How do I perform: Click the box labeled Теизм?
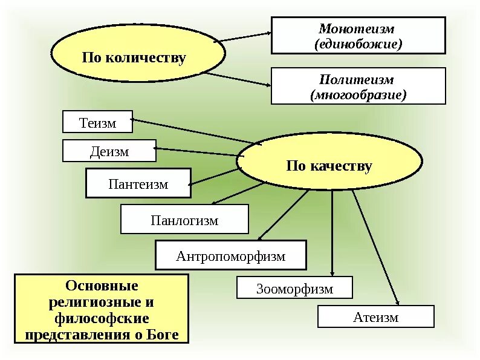click(x=97, y=122)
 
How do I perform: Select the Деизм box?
click(x=109, y=151)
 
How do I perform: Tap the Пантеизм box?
click(x=138, y=183)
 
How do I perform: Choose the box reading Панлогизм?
click(x=184, y=219)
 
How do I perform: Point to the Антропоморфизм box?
click(x=230, y=255)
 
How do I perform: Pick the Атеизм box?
click(x=375, y=316)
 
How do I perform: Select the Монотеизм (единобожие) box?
click(x=358, y=36)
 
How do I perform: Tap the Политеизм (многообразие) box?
click(x=358, y=87)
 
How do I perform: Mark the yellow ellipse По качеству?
click(x=329, y=165)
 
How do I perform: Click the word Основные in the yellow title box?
click(x=102, y=285)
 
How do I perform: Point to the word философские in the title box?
click(x=102, y=318)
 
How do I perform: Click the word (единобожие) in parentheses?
click(x=358, y=44)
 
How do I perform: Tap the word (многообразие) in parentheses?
click(x=358, y=95)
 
